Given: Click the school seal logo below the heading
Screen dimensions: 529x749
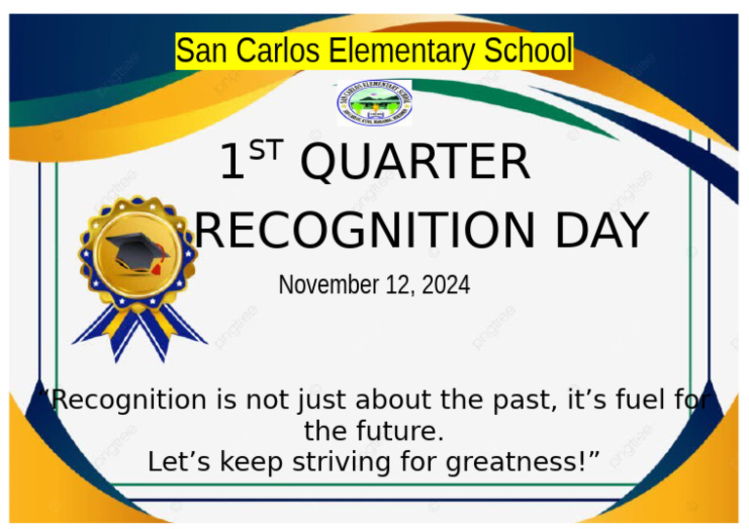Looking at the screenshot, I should (x=374, y=103).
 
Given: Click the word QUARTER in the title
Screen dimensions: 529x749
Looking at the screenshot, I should (x=415, y=163).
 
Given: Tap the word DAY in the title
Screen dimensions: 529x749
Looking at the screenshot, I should (x=601, y=231).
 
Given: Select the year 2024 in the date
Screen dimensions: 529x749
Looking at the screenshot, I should (x=446, y=285).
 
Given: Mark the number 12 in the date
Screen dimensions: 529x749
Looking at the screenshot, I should (x=402, y=285).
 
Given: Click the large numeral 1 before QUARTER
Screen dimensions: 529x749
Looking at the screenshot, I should (x=232, y=163).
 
